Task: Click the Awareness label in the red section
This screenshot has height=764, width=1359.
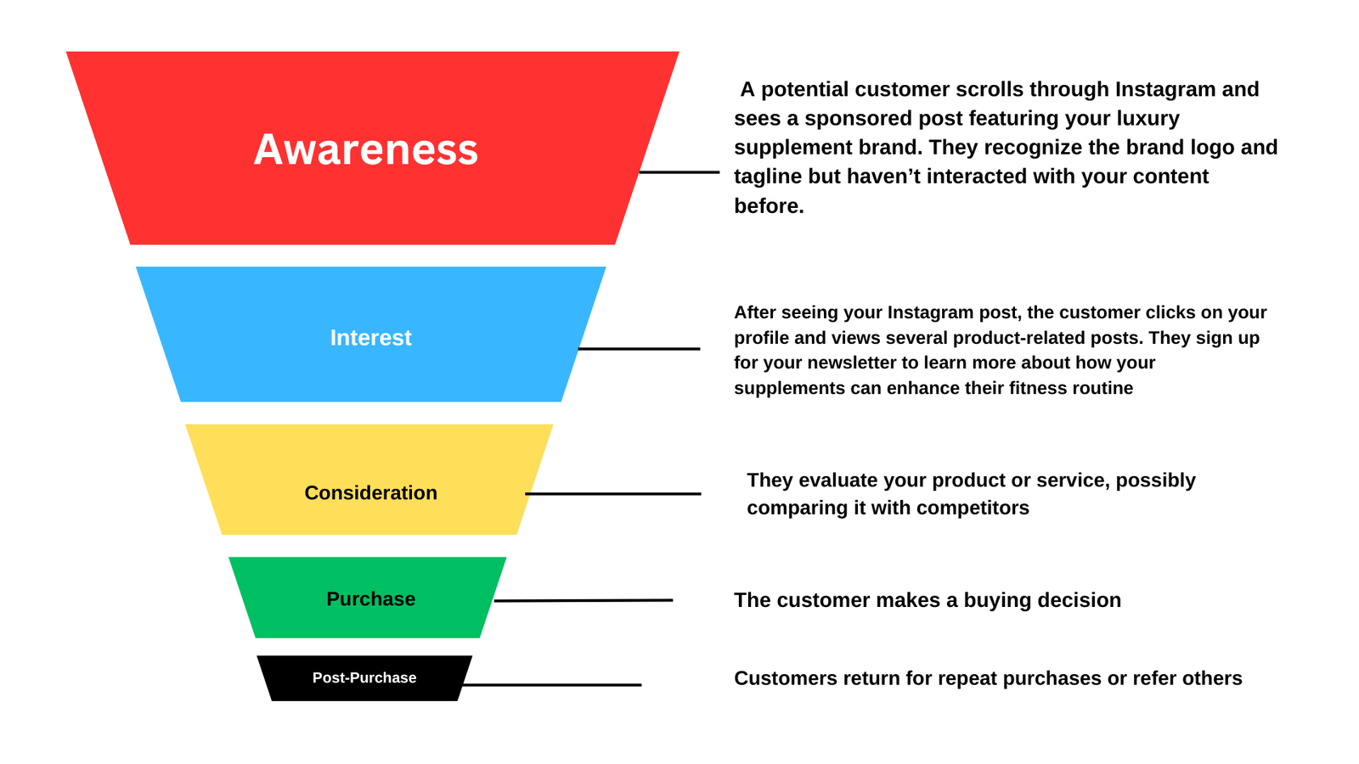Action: tap(365, 149)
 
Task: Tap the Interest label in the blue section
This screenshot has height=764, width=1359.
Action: tap(370, 338)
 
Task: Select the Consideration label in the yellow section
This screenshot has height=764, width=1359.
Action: tap(370, 493)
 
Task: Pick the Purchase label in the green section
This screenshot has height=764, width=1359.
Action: tap(370, 599)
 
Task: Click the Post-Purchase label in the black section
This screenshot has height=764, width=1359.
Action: tap(364, 678)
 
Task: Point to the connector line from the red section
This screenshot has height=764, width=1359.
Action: tap(679, 172)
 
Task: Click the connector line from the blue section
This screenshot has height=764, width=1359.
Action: tap(639, 349)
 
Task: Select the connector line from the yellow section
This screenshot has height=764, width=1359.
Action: tap(613, 494)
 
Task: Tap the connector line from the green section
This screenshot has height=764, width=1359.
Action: tap(584, 601)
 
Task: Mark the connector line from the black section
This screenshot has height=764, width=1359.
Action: tap(552, 685)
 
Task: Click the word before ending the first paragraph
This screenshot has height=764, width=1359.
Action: tap(768, 206)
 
